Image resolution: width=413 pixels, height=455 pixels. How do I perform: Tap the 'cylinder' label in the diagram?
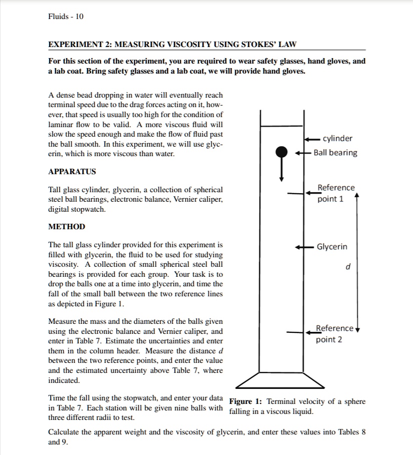click(337, 139)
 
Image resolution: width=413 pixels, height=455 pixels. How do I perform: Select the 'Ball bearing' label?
click(335, 153)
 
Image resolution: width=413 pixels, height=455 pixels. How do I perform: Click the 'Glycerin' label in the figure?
click(331, 247)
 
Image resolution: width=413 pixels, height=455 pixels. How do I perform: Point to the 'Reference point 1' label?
click(336, 193)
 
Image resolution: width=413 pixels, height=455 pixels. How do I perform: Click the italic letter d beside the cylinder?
click(348, 268)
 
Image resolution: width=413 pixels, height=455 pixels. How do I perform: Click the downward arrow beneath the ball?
click(282, 170)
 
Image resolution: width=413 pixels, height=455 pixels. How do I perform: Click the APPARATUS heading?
click(72, 172)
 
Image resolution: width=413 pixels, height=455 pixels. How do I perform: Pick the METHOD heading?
click(67, 227)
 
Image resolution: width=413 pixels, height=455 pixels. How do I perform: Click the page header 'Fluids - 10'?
click(66, 17)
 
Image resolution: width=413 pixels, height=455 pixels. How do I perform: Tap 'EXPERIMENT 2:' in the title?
click(80, 45)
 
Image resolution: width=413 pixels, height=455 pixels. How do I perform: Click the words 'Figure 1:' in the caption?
click(246, 402)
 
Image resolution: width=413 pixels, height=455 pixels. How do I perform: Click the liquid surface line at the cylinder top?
click(282, 126)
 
